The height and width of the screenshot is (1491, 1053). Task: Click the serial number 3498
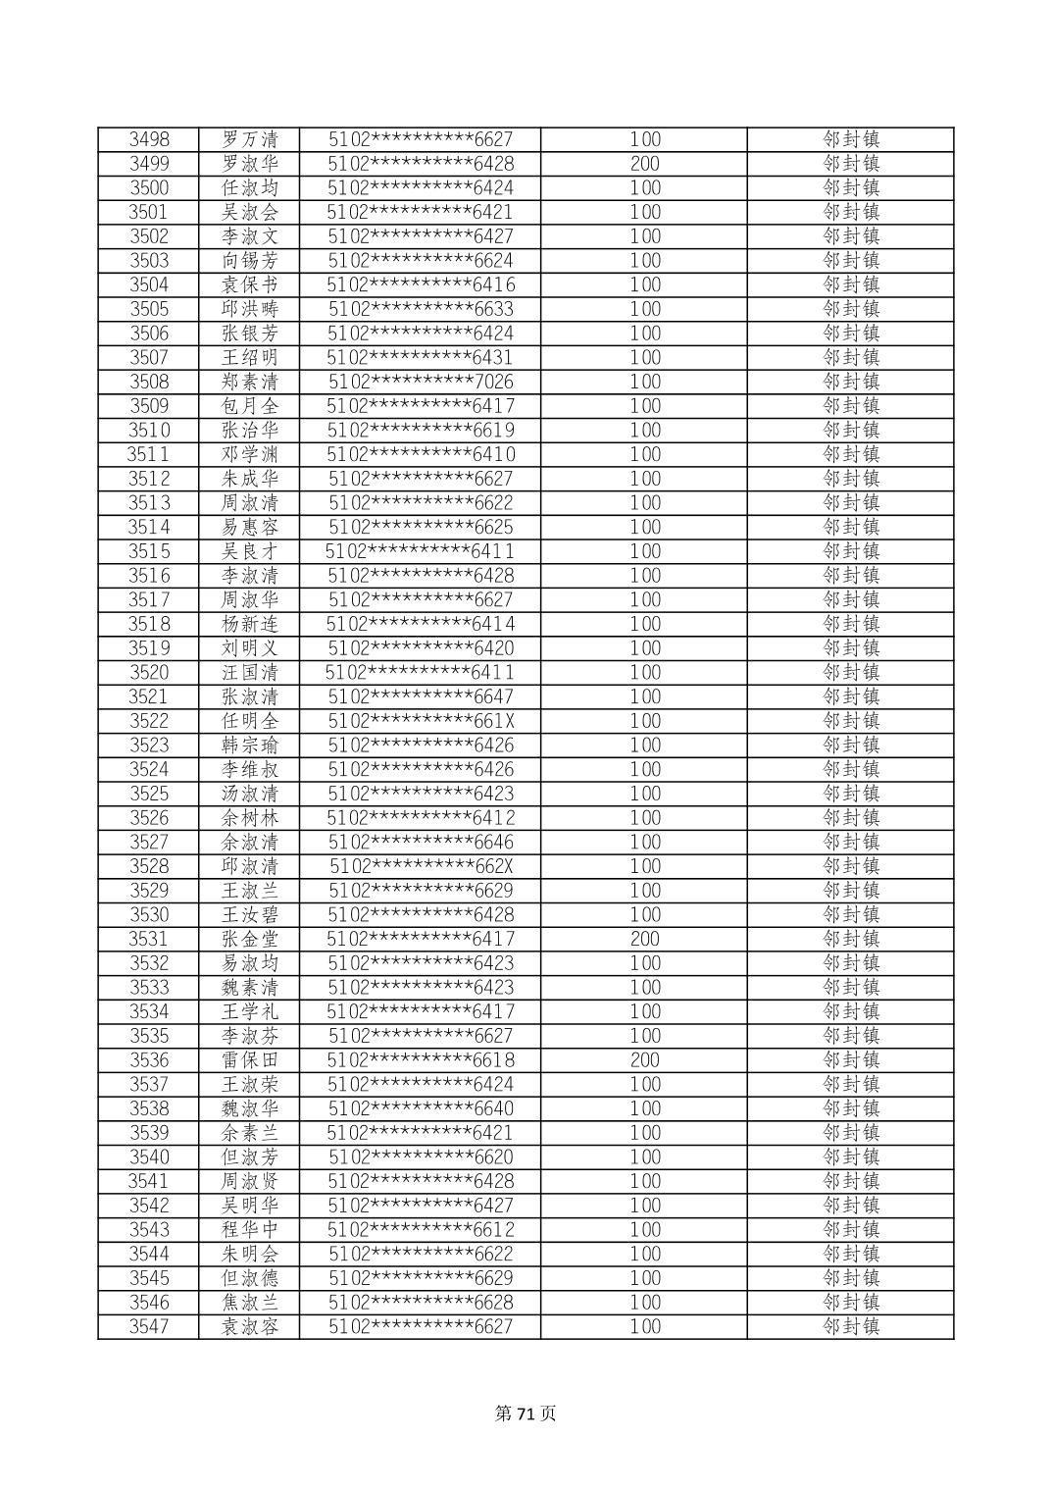(149, 139)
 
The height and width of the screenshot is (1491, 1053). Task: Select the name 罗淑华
(249, 164)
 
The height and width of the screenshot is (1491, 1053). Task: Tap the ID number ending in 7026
(421, 382)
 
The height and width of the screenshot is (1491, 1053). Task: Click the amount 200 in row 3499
(644, 164)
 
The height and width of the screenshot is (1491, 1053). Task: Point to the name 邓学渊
(249, 454)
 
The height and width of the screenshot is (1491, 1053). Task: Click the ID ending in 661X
(421, 721)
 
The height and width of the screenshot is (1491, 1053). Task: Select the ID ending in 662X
(421, 866)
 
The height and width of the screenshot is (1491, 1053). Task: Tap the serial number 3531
(149, 939)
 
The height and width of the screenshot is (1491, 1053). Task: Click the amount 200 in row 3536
(644, 1060)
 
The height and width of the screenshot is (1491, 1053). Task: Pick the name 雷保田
(249, 1060)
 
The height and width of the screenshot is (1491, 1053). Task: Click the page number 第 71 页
(526, 1414)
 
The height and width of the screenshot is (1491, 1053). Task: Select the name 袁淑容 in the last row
(249, 1326)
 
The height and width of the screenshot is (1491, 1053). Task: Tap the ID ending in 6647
(421, 696)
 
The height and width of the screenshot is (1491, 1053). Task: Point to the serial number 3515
(149, 551)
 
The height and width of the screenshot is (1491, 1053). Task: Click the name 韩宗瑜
(249, 745)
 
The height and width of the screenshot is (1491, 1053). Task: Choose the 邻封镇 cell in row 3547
(850, 1326)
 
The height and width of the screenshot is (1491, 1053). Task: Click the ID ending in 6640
(421, 1108)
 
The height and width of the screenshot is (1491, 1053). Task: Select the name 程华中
(249, 1230)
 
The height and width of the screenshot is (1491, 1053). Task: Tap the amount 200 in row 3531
(644, 939)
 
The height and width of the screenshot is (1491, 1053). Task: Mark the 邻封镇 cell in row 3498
(850, 139)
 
